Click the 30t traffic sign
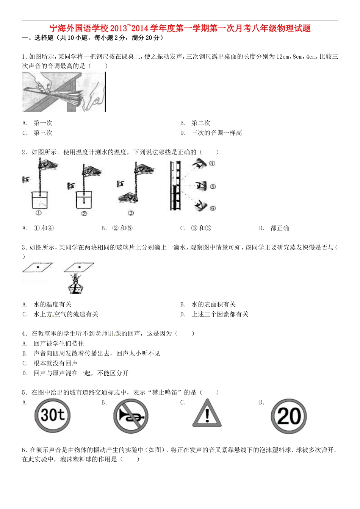(x=53, y=415)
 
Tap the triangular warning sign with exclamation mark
(x=207, y=414)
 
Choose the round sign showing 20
(x=289, y=416)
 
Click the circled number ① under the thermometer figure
(x=38, y=213)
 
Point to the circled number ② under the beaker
(x=84, y=214)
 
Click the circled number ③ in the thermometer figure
(x=131, y=213)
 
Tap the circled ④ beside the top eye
(x=212, y=163)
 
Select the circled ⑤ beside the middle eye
(x=213, y=186)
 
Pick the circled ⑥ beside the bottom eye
(x=213, y=208)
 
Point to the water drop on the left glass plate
(x=38, y=267)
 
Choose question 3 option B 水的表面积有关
(x=213, y=304)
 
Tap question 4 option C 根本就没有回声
(x=55, y=363)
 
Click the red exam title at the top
(x=180, y=28)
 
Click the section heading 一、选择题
(x=38, y=38)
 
